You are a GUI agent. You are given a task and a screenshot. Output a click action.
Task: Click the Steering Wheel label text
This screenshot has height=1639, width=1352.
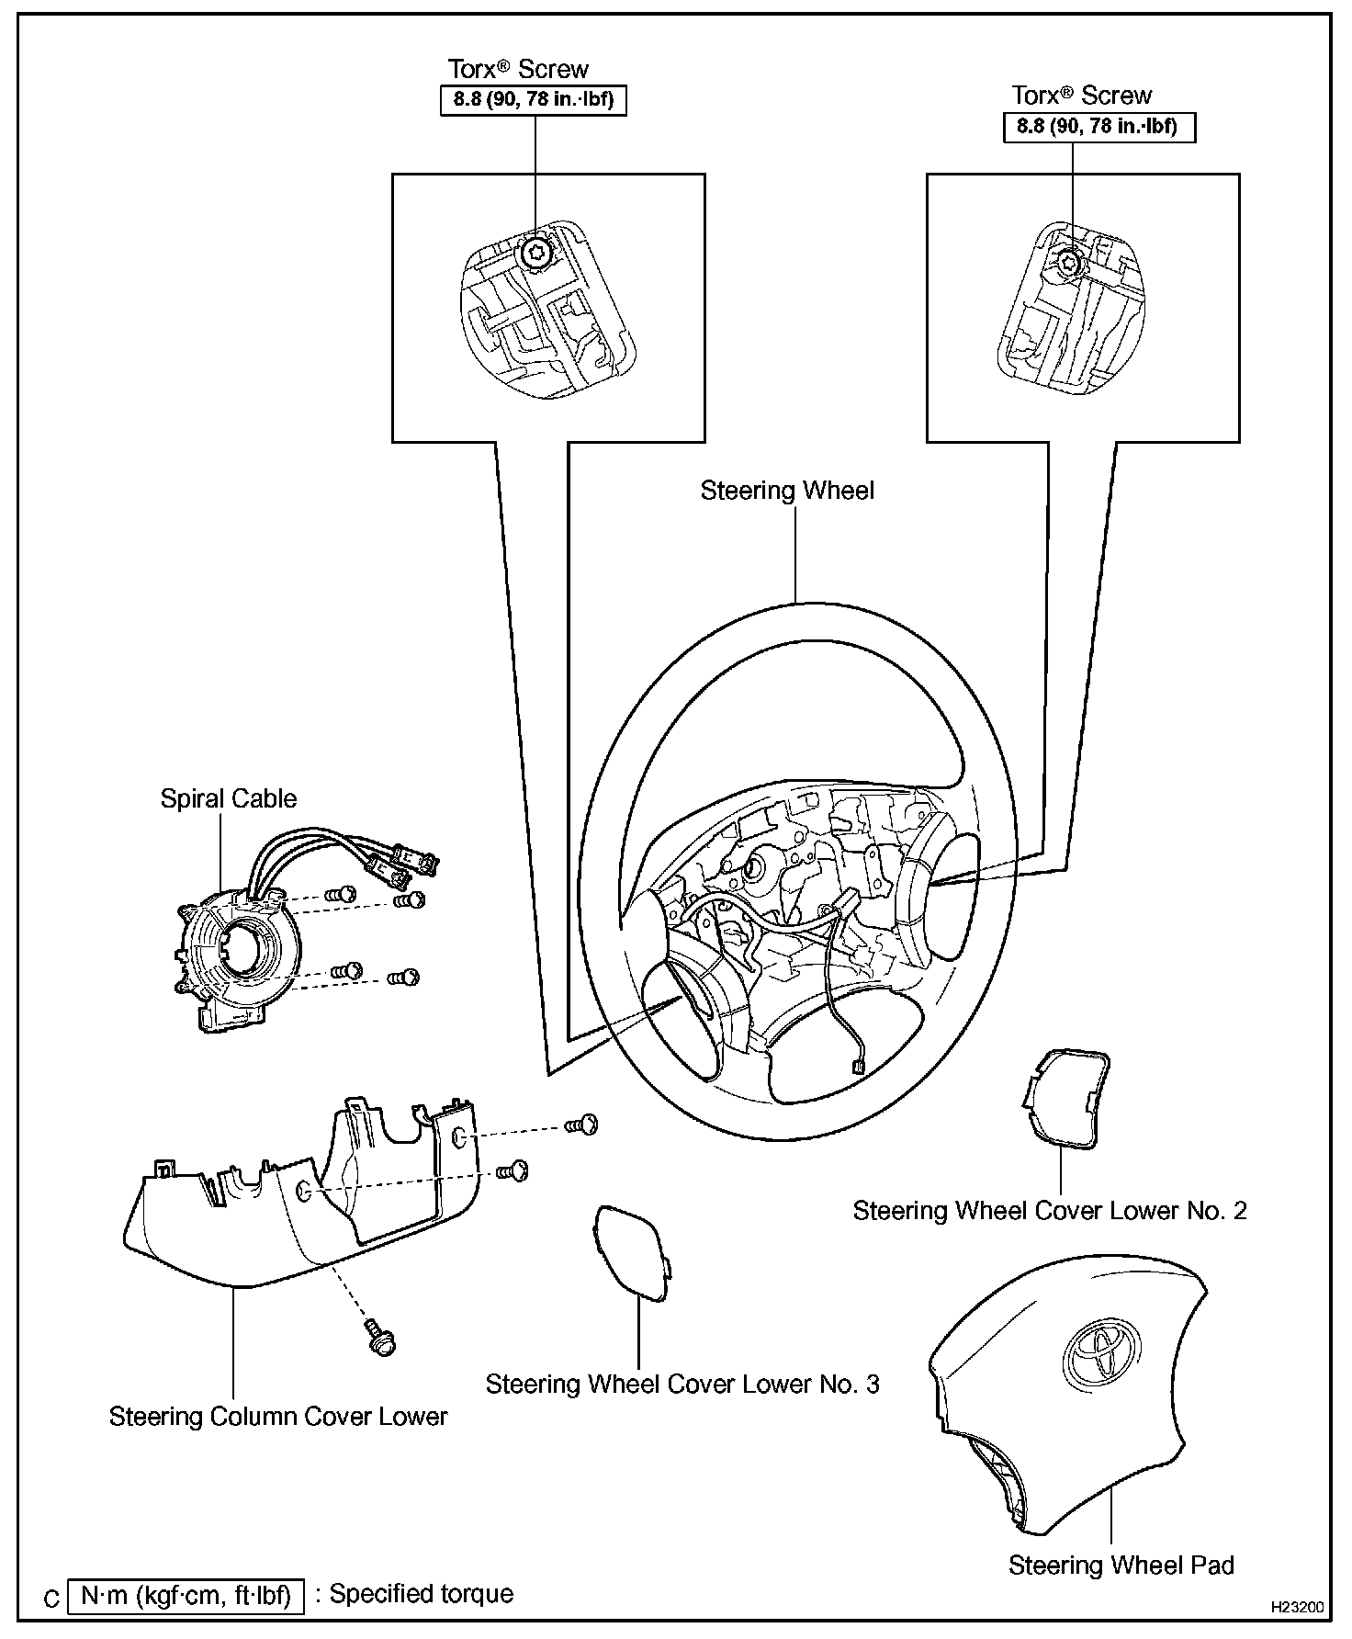pos(787,491)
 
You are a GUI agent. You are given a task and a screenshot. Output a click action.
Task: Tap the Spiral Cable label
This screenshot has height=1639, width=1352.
pos(229,798)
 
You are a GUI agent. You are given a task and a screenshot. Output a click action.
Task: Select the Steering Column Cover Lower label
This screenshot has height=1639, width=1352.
pos(278,1416)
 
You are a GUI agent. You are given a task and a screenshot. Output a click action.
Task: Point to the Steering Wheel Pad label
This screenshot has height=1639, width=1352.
pos(1121,1566)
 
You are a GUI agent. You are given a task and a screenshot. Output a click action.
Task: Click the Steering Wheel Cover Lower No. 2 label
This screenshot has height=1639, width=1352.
pos(1050,1210)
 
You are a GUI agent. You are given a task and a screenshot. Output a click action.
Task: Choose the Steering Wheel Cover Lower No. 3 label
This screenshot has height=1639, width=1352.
pos(682,1384)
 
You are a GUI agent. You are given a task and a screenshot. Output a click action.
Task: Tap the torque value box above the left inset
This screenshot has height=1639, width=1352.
pos(533,99)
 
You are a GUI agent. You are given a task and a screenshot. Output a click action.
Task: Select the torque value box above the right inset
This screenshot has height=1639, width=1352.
pos(1098,126)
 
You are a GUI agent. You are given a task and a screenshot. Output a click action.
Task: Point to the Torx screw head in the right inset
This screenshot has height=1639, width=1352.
pos(1069,263)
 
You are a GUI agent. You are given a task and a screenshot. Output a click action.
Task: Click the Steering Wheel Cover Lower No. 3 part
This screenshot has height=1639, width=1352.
pos(632,1253)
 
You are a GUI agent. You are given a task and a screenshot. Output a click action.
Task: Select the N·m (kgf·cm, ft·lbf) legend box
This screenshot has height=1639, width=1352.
pos(186,1596)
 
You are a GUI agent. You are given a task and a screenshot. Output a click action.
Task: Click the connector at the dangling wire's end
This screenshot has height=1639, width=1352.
pos(856,1067)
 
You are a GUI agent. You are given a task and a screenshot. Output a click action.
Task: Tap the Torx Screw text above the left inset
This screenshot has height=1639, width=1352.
pos(518,69)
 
